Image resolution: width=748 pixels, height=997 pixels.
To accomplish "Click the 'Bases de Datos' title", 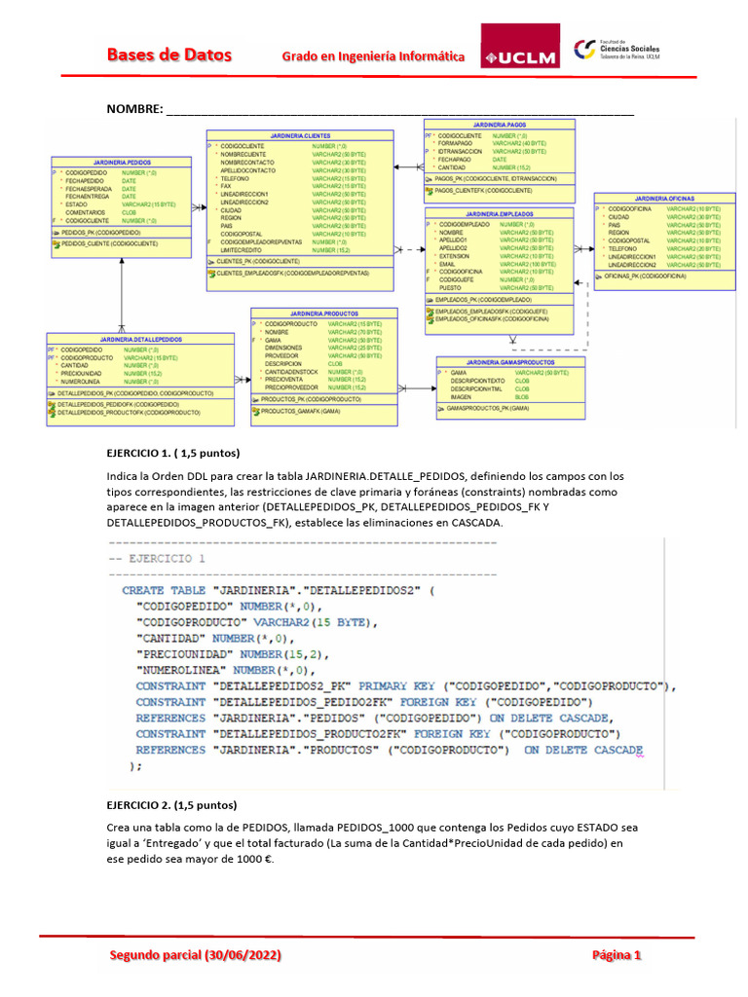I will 168,55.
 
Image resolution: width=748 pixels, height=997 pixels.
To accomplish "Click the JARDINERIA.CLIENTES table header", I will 301,135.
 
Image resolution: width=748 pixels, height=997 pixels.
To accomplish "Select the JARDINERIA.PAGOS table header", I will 499,126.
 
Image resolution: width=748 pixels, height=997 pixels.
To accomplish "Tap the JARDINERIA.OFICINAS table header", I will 663,198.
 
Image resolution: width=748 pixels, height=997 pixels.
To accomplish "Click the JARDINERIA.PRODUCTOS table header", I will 323,313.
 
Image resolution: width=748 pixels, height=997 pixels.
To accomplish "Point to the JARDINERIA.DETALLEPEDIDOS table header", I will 140,339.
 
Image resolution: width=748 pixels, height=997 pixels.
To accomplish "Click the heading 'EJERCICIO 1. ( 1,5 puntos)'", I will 172,454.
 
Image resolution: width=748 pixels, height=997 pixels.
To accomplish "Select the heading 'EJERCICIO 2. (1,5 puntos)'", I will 170,805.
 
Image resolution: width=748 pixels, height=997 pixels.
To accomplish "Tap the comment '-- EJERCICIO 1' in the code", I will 158,559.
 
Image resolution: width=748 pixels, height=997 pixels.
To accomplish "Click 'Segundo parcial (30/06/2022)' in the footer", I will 196,955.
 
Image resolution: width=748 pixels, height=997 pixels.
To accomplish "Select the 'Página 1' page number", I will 617,955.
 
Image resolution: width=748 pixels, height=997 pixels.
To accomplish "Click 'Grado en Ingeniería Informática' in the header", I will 371,56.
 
